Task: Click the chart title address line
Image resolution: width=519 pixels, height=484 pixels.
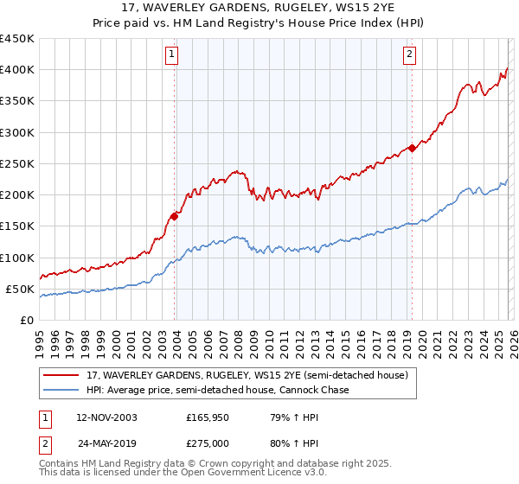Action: pos(259,9)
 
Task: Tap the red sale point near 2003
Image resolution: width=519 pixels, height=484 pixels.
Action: pos(175,216)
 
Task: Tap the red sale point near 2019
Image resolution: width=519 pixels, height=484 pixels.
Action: pos(412,148)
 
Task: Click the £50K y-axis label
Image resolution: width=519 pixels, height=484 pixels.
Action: pos(21,289)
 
